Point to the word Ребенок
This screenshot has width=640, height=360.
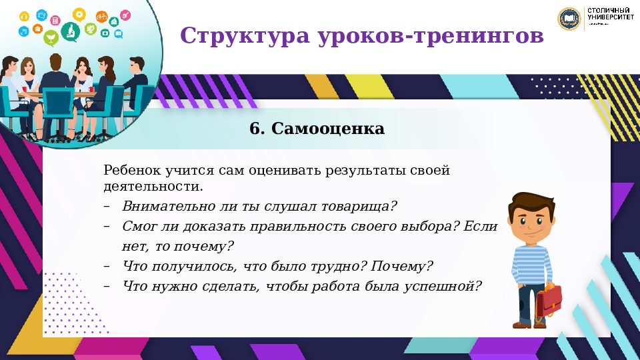[x=129, y=170]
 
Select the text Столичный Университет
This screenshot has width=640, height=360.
[x=610, y=15]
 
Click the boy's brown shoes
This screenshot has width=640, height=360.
[x=530, y=325]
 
